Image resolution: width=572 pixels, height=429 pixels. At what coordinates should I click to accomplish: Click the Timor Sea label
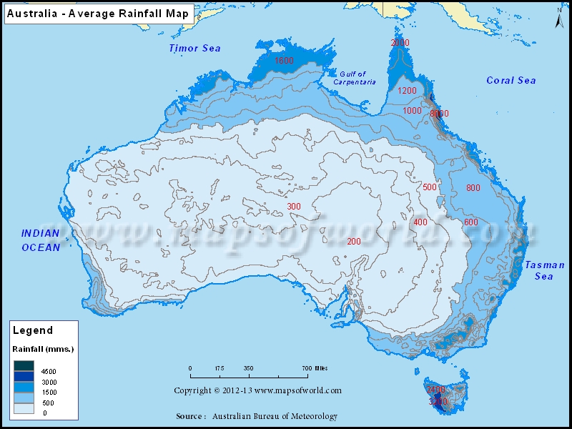194,48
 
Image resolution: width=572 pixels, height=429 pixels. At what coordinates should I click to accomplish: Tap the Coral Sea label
511,80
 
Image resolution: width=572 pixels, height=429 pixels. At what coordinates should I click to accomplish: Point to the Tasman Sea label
545,270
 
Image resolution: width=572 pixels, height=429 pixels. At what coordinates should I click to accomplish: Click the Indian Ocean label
40,240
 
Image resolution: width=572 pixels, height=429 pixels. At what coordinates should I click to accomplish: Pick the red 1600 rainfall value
284,61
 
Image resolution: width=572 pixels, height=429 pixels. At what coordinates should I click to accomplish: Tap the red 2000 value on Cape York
400,43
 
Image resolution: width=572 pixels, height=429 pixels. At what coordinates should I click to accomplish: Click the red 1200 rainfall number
407,91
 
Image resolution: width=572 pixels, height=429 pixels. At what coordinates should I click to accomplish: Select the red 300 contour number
294,207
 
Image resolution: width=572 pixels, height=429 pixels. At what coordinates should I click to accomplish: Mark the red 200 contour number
353,241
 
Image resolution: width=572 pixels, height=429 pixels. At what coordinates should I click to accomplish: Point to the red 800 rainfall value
473,188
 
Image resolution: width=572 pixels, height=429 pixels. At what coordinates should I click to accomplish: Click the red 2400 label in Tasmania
435,390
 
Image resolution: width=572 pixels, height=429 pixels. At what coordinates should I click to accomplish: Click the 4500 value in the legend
49,372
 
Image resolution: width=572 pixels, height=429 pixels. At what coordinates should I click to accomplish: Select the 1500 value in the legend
49,393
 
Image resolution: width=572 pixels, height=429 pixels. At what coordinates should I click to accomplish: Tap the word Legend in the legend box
32,330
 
